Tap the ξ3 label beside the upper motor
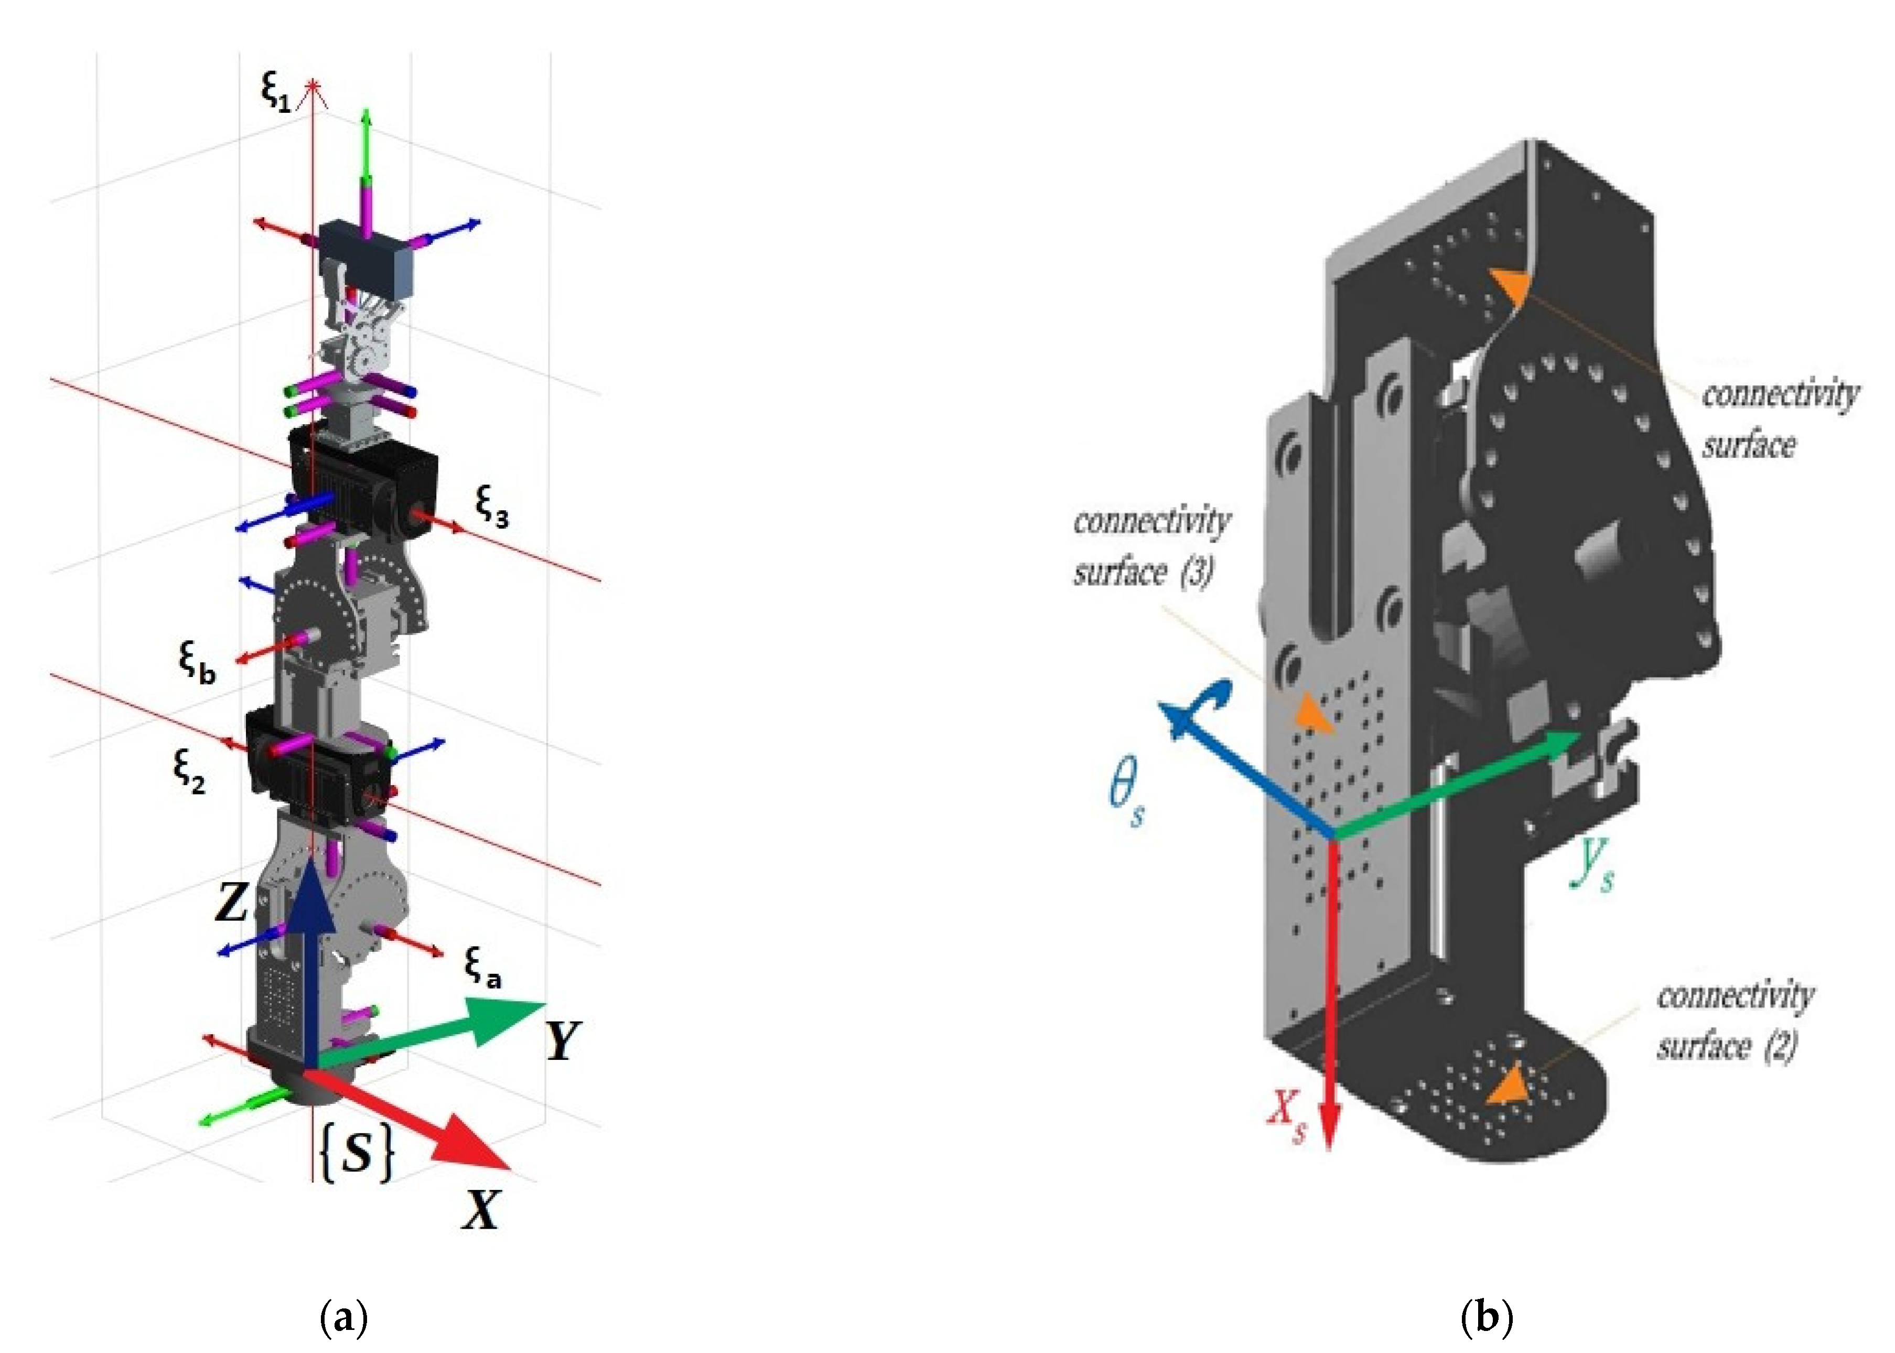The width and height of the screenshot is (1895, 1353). [x=491, y=506]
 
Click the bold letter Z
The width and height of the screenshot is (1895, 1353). [x=232, y=903]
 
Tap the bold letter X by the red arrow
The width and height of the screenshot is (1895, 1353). [x=481, y=1210]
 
